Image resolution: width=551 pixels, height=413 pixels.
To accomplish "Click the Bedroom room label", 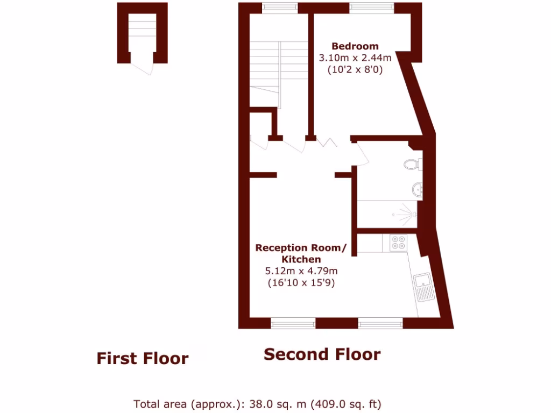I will click(355, 46).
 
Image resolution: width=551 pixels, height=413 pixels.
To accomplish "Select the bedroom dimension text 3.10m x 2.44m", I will click(355, 58).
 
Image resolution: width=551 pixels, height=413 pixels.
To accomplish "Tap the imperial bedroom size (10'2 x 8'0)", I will click(355, 69).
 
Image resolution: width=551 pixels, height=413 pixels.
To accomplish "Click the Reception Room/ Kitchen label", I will click(301, 253).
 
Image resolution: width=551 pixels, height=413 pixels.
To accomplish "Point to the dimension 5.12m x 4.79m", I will click(301, 271).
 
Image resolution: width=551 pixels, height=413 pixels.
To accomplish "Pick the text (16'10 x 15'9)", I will click(301, 283).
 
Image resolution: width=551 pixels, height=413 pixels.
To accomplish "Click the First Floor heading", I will click(143, 359).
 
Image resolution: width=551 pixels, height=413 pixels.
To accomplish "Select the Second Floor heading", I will click(322, 355).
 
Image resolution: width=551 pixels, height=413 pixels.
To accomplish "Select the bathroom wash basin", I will click(417, 189).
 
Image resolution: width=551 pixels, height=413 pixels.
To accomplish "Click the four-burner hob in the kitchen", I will click(398, 244).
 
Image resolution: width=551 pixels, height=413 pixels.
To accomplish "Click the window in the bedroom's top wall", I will click(372, 8).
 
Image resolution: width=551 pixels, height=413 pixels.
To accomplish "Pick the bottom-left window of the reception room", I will click(293, 323).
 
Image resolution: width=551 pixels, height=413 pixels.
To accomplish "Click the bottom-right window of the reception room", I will click(380, 323).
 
